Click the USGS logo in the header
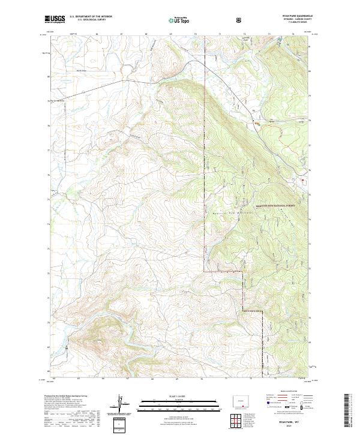54,20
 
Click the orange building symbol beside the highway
257,124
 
